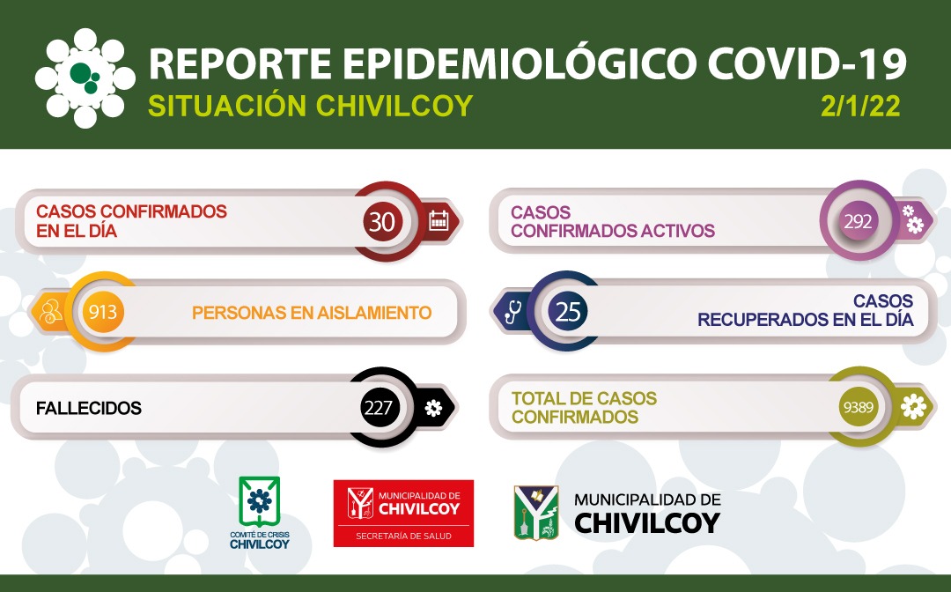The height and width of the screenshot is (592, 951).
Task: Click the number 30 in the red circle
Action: [x=382, y=222]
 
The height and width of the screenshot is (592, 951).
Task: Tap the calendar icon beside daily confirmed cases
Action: [x=439, y=221]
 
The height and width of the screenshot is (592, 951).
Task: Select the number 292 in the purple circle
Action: [x=858, y=221]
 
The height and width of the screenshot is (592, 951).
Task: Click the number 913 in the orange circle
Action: [x=102, y=312]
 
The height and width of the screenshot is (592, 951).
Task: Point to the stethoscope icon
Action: [x=512, y=312]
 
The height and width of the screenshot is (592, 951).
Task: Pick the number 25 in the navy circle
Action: [x=568, y=312]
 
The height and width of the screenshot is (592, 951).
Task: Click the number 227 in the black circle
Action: [x=378, y=408]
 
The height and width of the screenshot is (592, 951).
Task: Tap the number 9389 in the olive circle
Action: [x=859, y=407]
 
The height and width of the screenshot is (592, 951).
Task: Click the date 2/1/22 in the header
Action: [x=860, y=107]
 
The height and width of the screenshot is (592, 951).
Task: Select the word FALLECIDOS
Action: [x=89, y=408]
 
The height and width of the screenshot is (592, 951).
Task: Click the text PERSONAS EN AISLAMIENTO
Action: [x=312, y=313]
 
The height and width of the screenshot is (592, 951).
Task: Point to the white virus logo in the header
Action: [x=85, y=78]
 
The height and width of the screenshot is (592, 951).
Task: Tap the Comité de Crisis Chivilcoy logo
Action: [x=260, y=513]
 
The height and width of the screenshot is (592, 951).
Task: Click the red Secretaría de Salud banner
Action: [x=403, y=513]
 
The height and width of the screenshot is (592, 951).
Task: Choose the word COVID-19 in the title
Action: [x=807, y=63]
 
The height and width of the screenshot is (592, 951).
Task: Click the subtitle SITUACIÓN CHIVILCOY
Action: [x=310, y=106]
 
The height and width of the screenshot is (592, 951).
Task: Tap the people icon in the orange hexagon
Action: [x=49, y=312]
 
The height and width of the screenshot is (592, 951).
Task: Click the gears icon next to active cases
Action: [x=912, y=219]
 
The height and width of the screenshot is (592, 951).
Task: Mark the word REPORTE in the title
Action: [x=240, y=63]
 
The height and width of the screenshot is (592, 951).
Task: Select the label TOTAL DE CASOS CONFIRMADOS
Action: [x=584, y=408]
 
